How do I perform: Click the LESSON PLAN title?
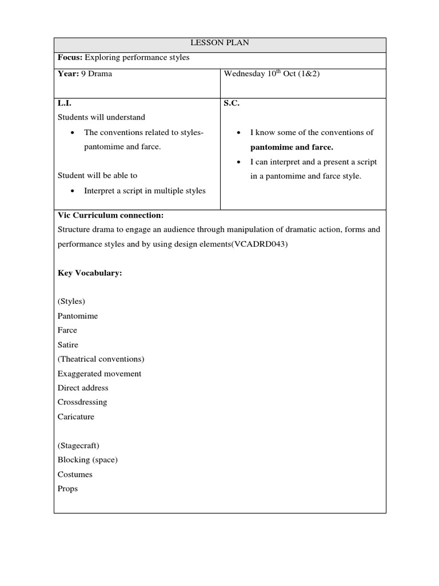(219, 43)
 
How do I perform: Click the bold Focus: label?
(70, 58)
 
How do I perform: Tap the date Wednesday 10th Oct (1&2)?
(272, 74)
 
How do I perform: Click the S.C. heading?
(230, 102)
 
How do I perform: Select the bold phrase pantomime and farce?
(292, 147)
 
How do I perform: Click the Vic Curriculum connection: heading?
(110, 215)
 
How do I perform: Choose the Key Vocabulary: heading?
(90, 273)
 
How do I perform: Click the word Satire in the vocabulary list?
(68, 345)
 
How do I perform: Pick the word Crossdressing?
(82, 402)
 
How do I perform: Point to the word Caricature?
(76, 417)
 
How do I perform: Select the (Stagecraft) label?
(78, 445)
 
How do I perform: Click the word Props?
(67, 489)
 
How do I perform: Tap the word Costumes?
(75, 474)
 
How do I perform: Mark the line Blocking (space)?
(87, 460)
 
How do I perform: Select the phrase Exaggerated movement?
(99, 374)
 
